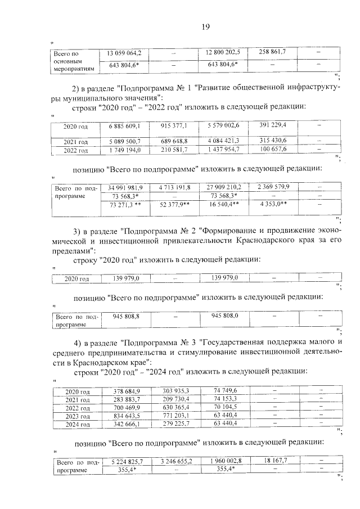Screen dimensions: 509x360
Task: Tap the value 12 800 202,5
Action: (x=223, y=52)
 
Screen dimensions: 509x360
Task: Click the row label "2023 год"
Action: (x=78, y=416)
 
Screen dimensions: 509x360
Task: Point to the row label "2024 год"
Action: (x=78, y=425)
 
